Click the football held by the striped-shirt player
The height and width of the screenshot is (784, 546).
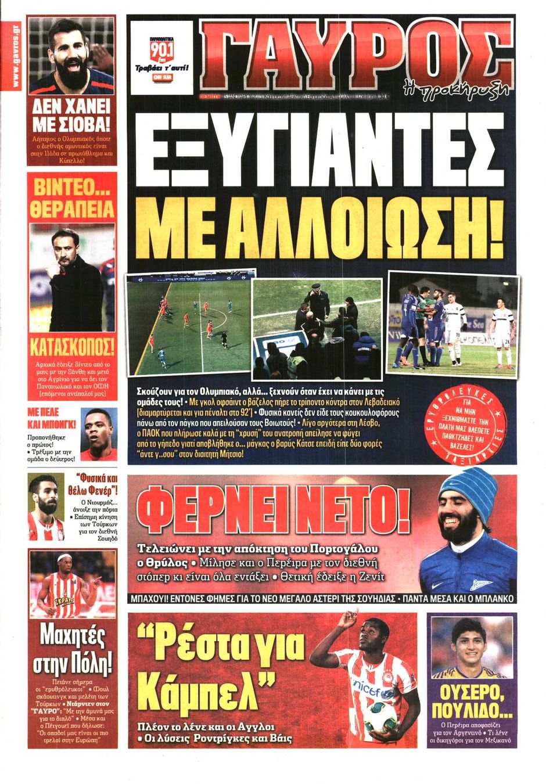click(380, 717)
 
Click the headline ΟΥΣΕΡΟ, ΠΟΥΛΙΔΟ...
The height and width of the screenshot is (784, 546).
click(472, 701)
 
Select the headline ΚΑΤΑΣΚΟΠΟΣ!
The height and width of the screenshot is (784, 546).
click(72, 347)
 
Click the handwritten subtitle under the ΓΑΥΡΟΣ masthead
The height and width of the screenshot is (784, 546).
click(456, 87)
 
